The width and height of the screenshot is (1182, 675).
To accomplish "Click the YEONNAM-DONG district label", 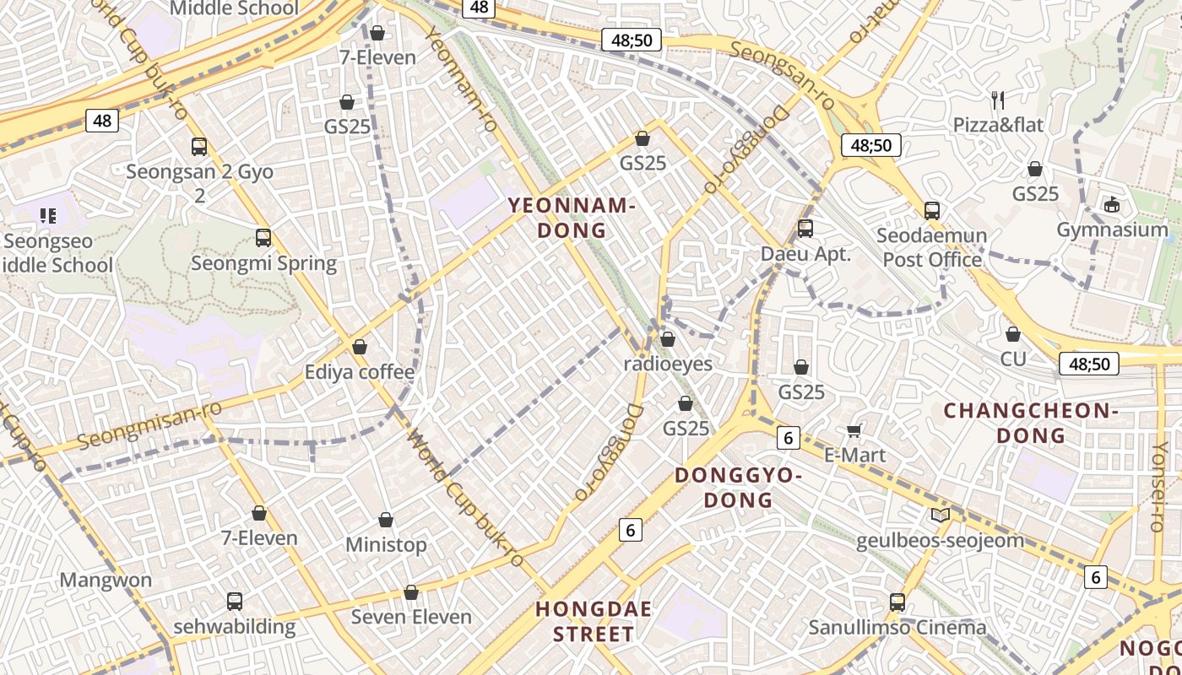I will [572, 218].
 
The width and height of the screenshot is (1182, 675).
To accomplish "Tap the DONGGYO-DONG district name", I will [738, 488].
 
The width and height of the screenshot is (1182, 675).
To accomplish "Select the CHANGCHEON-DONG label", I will [1030, 424].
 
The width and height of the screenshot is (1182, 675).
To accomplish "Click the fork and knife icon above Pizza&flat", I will [999, 100].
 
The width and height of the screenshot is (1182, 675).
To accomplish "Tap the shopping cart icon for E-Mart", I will [854, 431].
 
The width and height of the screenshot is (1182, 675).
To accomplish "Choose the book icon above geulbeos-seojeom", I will [940, 515].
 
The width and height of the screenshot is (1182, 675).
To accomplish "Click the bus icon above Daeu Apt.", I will [805, 229].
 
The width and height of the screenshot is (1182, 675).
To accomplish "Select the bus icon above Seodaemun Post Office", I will [932, 211].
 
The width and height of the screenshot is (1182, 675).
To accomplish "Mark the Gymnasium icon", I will [1112, 205].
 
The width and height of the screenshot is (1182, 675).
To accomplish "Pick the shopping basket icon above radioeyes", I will [668, 339].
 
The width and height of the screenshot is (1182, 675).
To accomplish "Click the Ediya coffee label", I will [360, 372].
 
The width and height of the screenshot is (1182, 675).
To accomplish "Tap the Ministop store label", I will [386, 545].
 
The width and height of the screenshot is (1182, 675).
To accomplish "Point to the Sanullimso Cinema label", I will [897, 628].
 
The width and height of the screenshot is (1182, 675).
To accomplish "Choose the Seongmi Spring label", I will [263, 263].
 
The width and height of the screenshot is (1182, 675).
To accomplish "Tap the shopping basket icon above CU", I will [1013, 334].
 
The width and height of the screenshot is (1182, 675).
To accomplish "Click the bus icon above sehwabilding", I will [235, 602].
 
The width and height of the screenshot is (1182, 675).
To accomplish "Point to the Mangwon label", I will [106, 580].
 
